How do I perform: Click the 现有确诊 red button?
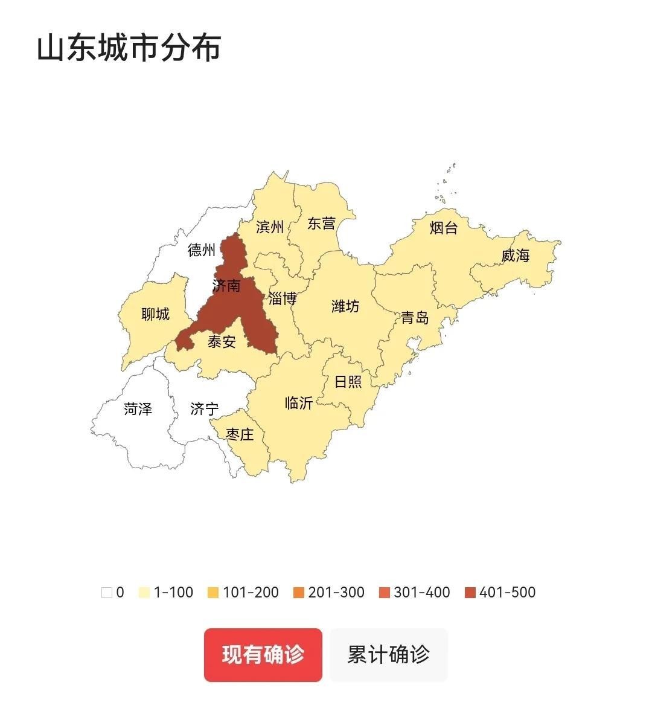tap(263, 655)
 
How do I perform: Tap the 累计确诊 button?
tap(388, 655)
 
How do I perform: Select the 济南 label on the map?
tap(226, 286)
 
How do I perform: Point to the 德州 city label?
tap(201, 250)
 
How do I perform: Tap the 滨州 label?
tap(269, 227)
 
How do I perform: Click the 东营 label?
tap(321, 224)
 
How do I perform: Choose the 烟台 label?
tap(443, 228)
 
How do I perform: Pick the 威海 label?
tap(515, 256)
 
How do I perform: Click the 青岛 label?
tap(415, 318)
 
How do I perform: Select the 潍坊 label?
tap(345, 306)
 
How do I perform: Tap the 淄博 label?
tap(283, 298)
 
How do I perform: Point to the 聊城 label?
tap(155, 314)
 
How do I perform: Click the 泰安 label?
tap(222, 342)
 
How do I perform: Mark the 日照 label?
tap(348, 382)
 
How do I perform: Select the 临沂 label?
tap(298, 403)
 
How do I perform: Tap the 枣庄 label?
tap(240, 434)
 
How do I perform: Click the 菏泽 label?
tap(138, 409)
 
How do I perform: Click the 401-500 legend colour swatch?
tap(470, 593)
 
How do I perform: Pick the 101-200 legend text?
tap(251, 593)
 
